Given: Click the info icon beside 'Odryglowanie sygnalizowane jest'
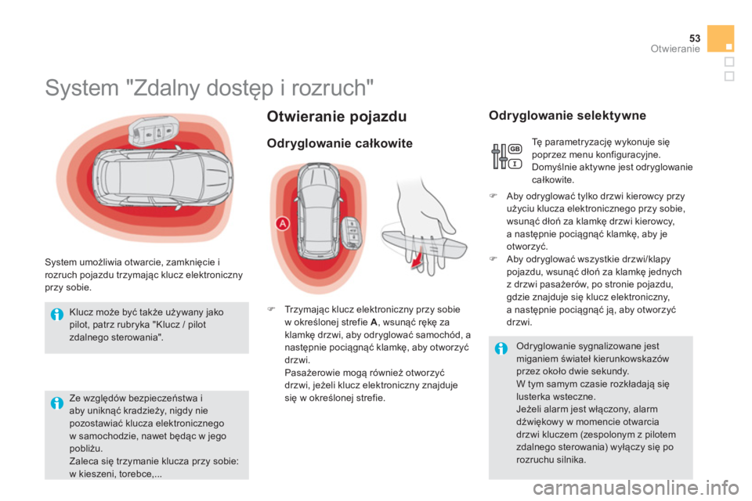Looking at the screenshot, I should coord(501,347).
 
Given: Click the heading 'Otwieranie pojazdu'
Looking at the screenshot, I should coord(336,117).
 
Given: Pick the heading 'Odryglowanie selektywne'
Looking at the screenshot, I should coord(567,117).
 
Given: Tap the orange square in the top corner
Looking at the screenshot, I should coord(720,38).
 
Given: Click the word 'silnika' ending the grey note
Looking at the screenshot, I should coord(569,460).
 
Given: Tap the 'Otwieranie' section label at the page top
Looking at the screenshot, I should coord(674,49).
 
